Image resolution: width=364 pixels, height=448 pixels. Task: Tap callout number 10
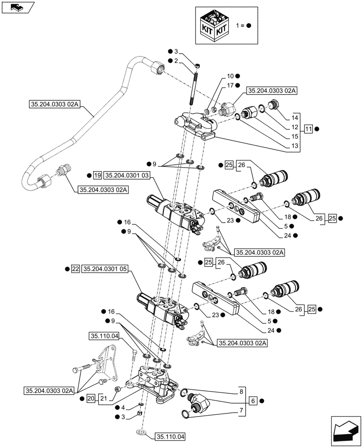[230, 76]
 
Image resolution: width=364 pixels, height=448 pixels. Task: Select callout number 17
[230, 85]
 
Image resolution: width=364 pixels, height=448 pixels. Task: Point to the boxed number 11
[308, 129]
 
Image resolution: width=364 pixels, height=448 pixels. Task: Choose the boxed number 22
[75, 269]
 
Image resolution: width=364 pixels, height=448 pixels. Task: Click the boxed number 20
[91, 398]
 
